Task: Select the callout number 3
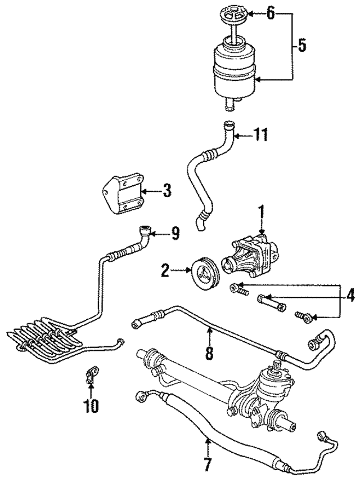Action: coord(166,191)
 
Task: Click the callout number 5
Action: coord(302,46)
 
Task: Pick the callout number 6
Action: coord(271,12)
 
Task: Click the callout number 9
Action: coord(175,231)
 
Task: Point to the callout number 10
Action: coord(91,404)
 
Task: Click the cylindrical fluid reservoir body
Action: coord(235,70)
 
